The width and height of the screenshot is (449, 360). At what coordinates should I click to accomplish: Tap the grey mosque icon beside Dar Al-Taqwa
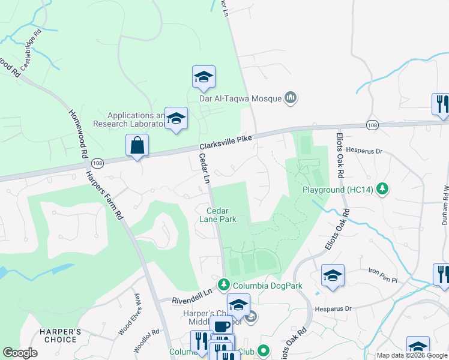pos(291,97)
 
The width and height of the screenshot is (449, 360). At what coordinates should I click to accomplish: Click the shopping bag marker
pos(137,145)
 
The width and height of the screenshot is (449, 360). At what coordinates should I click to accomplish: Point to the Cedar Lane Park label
pos(221,215)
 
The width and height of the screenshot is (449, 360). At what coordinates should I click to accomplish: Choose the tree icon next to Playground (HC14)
pos(382,190)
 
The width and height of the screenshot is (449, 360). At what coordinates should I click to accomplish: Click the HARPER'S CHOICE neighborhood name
pos(59,335)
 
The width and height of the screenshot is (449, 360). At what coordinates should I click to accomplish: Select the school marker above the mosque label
pos(203,77)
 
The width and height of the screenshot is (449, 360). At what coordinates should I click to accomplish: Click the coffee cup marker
pos(221,326)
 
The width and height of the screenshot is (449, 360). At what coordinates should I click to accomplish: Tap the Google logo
pos(20,353)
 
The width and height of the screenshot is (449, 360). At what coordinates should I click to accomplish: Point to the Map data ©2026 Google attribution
pos(411,355)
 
